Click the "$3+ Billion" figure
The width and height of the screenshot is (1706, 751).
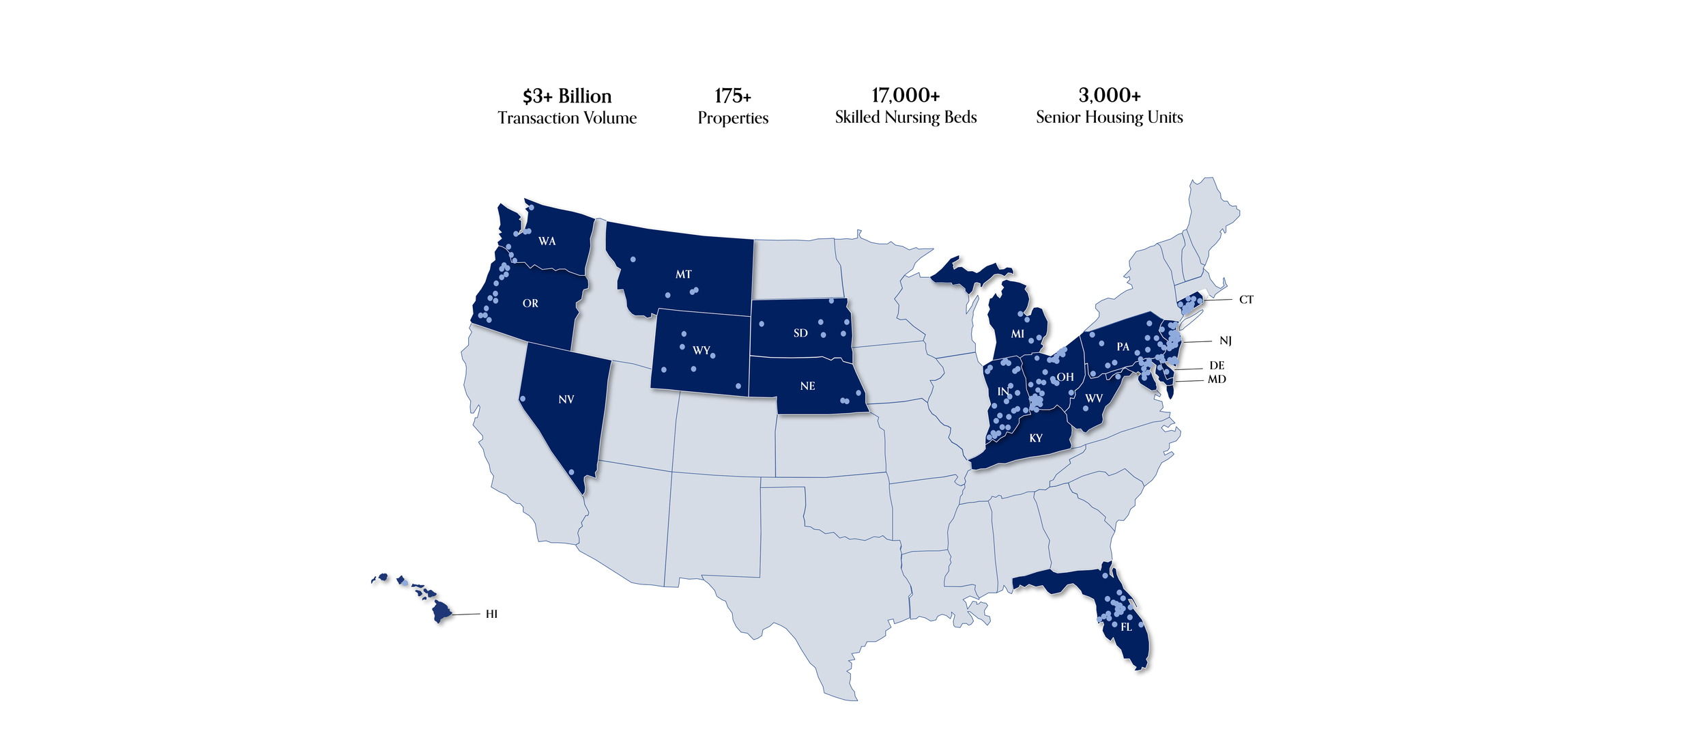click(x=567, y=96)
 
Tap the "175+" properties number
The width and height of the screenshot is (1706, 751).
click(x=733, y=96)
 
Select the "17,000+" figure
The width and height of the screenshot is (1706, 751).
click(x=906, y=95)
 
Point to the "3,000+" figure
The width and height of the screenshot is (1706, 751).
click(x=1109, y=95)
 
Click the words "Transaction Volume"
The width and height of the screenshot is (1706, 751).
click(x=567, y=118)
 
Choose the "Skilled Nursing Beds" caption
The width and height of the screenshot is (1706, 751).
click(x=906, y=117)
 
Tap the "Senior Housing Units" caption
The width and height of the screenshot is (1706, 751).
click(x=1109, y=117)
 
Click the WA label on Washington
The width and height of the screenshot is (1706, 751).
click(x=547, y=241)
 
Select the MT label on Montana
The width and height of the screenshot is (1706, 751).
click(x=683, y=274)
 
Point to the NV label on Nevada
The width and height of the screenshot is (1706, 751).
click(x=566, y=399)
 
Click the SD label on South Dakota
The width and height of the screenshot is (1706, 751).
click(x=800, y=333)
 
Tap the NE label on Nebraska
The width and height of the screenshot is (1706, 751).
click(x=807, y=386)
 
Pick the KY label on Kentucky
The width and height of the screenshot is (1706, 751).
click(x=1035, y=438)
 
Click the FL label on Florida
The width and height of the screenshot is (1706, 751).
click(x=1126, y=627)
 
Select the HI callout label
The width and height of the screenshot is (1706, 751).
click(x=491, y=614)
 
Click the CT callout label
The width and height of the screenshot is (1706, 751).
click(x=1246, y=300)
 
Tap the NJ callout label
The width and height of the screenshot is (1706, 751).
click(x=1226, y=341)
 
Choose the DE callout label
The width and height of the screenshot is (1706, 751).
click(x=1217, y=366)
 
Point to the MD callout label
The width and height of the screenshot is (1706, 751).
click(x=1217, y=380)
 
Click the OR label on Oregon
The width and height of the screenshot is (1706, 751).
click(x=530, y=304)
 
